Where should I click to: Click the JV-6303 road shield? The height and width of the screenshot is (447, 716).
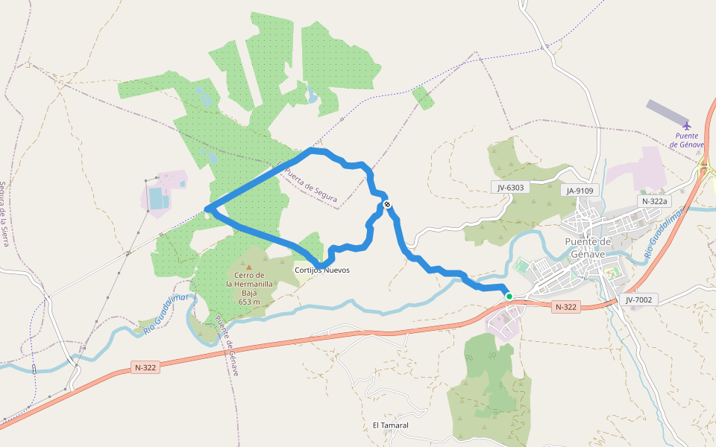tap(511, 188)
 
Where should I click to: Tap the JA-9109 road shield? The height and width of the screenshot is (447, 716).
tap(580, 191)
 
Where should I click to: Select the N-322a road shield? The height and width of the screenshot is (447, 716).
tap(656, 201)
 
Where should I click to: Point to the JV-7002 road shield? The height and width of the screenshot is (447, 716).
tap(639, 299)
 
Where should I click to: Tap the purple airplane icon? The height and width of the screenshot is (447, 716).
tap(687, 124)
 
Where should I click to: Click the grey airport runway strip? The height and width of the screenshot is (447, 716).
tap(668, 112)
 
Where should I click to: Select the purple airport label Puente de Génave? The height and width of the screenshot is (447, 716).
tap(687, 140)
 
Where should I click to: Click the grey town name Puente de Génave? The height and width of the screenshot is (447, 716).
tap(588, 247)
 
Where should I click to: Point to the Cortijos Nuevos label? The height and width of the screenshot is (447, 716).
tap(322, 270)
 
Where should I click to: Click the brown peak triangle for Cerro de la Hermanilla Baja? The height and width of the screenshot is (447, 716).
tap(249, 267)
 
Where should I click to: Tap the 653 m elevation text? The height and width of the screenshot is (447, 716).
tap(249, 302)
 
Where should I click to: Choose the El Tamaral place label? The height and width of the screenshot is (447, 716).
tap(391, 425)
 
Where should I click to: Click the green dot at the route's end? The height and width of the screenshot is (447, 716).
tap(509, 297)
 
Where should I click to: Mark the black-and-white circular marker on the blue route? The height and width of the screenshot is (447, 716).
tap(386, 204)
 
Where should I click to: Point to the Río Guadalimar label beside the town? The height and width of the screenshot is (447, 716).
tap(663, 235)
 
